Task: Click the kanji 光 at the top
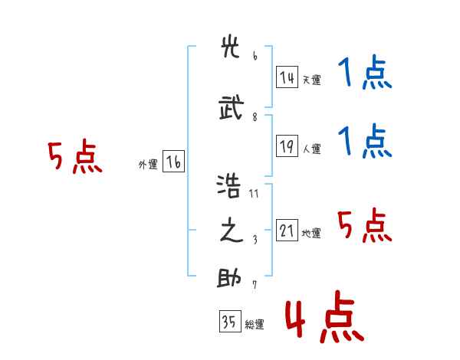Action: point(230,47)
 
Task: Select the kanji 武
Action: point(232,107)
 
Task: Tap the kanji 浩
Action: point(228,186)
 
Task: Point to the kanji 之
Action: point(232,230)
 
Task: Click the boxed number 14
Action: point(287,77)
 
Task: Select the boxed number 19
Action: point(287,146)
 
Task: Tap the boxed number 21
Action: point(287,230)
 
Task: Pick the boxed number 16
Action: point(174,162)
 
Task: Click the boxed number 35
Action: point(230,321)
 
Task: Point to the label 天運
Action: point(312,80)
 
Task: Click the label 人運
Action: point(312,149)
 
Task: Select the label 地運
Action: point(311,234)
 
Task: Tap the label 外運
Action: point(148,165)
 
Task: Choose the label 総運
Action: point(255,325)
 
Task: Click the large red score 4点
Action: point(325,316)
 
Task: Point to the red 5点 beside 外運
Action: point(75,156)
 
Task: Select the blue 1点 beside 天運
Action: point(365,72)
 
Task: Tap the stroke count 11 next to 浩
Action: point(254,194)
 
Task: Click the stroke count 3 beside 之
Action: point(255,240)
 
